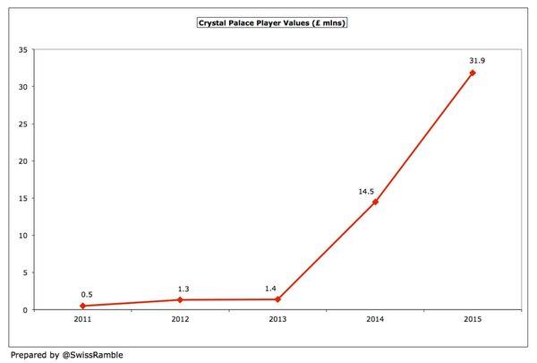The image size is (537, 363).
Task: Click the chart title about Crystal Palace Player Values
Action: (x=272, y=22)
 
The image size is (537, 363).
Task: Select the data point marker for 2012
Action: (x=182, y=299)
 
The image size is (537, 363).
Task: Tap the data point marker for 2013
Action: (x=278, y=299)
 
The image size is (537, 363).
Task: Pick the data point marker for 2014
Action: (x=375, y=202)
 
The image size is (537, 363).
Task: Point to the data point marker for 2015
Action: (x=473, y=73)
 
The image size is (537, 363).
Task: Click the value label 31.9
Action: (x=476, y=60)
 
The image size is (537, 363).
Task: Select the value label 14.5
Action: (x=366, y=190)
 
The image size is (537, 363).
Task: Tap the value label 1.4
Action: (x=270, y=288)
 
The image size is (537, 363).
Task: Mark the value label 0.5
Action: (x=86, y=294)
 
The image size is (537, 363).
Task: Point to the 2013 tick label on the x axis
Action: (x=278, y=319)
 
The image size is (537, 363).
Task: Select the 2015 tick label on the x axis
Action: (x=473, y=319)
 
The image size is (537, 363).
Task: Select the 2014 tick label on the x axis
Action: (x=375, y=319)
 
